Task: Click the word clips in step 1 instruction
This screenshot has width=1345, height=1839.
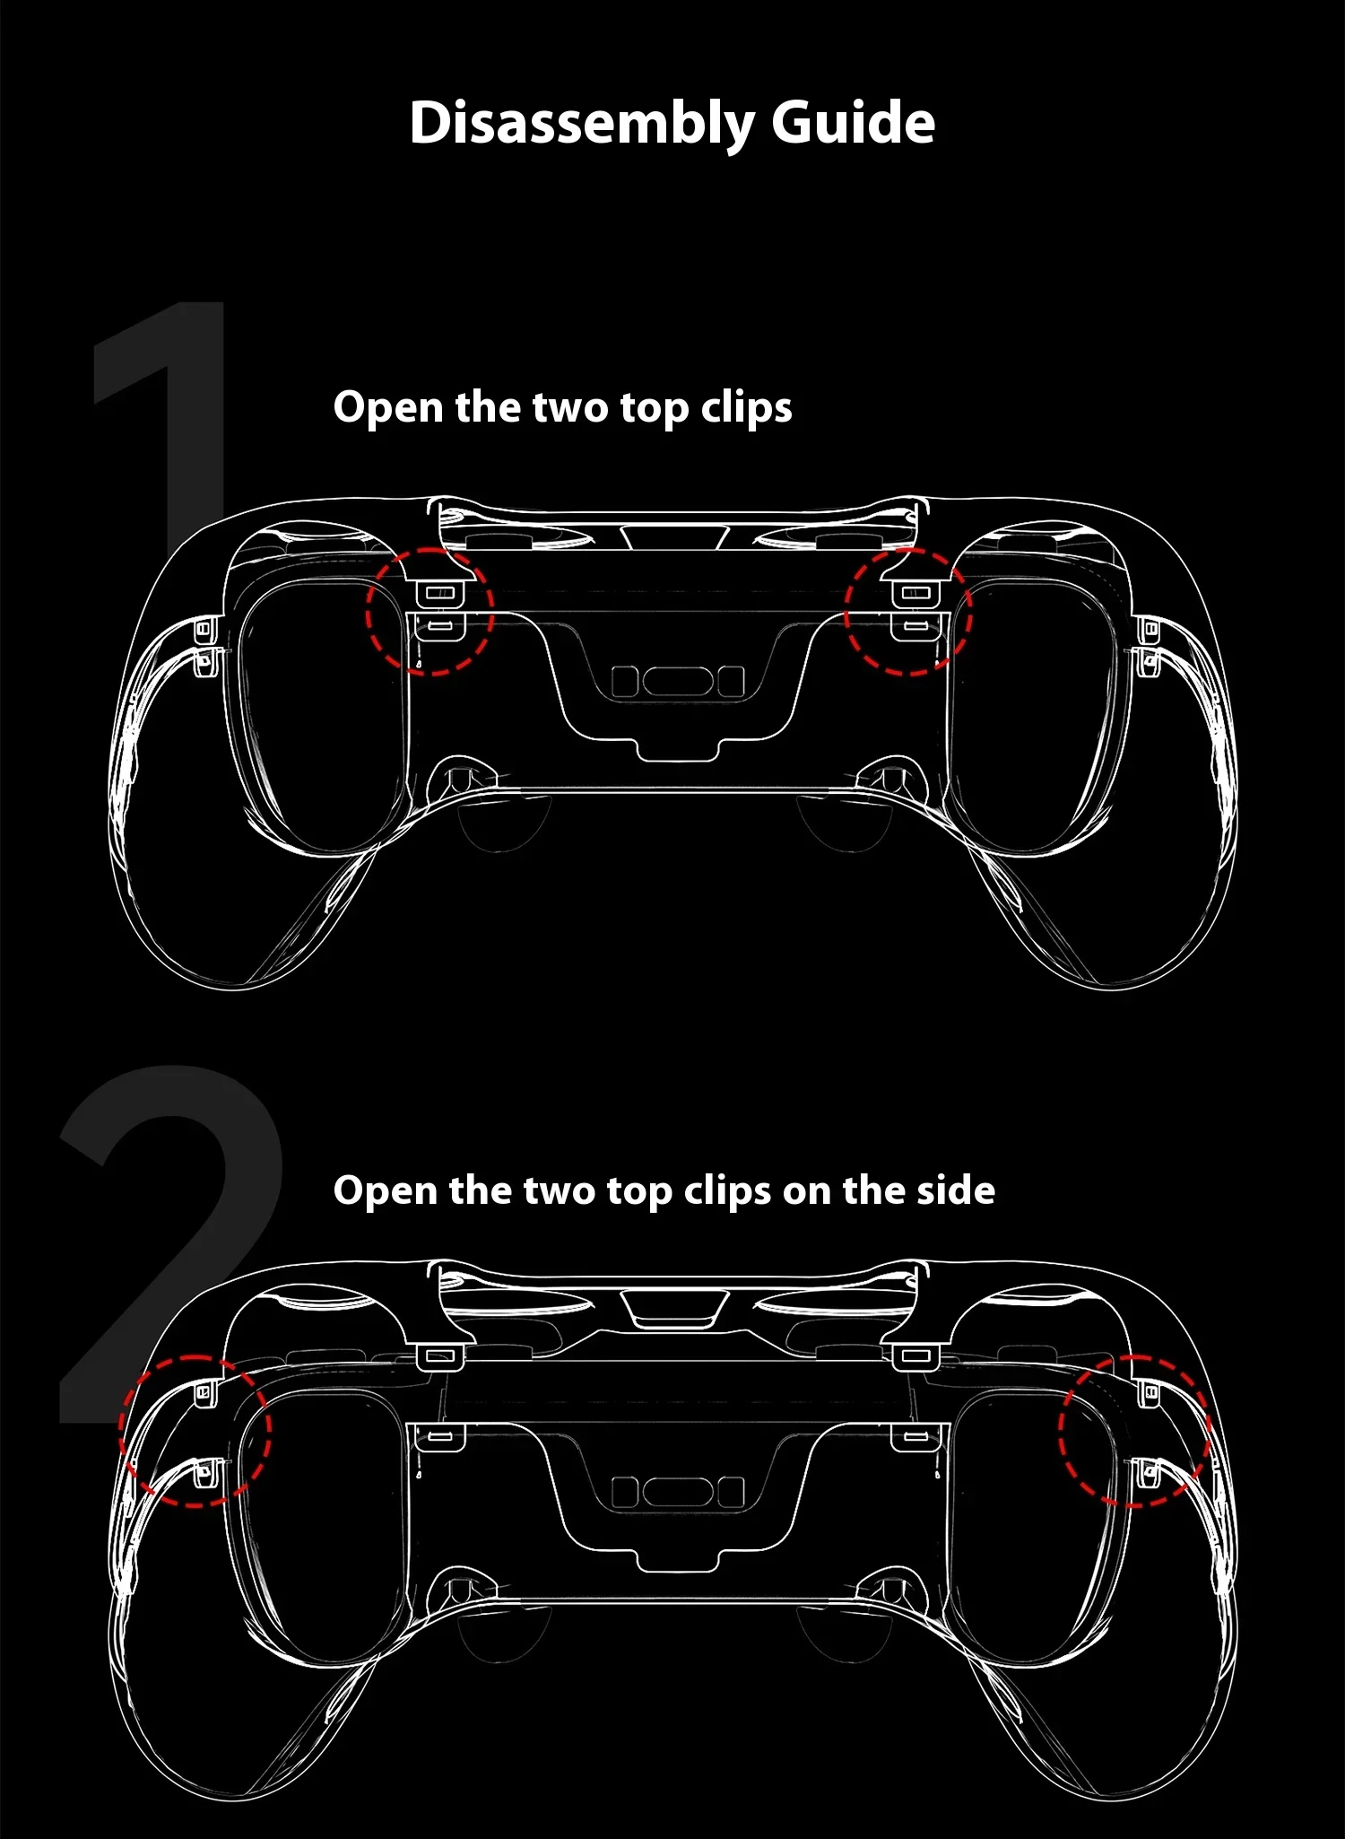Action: [746, 408]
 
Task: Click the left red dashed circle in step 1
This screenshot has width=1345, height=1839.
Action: [368, 611]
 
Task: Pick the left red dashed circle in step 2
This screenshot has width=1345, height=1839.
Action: [120, 1431]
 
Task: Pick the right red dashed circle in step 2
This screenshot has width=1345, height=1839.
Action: [1060, 1431]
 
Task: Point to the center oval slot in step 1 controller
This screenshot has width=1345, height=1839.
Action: [679, 681]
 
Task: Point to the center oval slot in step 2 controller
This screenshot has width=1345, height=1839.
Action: [679, 1492]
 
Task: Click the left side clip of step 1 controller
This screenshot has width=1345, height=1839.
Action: [205, 645]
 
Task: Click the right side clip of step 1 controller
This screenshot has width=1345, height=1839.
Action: [1149, 645]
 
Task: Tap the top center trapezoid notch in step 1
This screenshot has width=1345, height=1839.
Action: [674, 538]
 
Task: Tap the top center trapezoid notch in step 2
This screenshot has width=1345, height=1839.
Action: [674, 1308]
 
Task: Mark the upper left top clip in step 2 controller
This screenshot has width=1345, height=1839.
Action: [439, 1355]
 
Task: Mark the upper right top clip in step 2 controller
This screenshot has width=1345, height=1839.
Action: [915, 1355]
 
